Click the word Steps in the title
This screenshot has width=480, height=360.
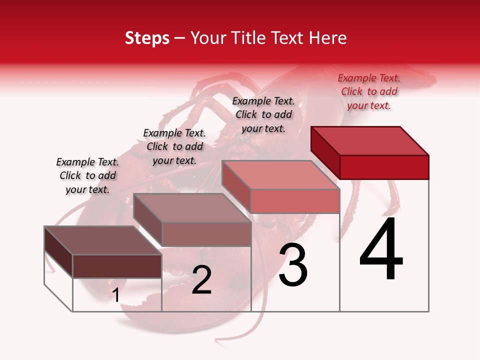[x=147, y=38]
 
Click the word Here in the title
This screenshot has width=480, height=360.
[x=328, y=38]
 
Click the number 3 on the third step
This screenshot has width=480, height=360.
[x=293, y=265]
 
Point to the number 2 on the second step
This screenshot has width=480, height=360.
[x=201, y=280]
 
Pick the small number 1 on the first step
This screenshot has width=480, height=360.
[x=116, y=295]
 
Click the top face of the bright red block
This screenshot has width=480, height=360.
[x=370, y=140]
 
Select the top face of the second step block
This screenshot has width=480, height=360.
[x=192, y=208]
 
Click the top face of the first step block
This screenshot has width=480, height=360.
[x=103, y=240]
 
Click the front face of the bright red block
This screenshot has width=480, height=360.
[x=384, y=167]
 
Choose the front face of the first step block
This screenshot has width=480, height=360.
[x=117, y=266]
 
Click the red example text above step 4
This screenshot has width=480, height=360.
[x=369, y=91]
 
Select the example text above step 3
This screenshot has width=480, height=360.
[x=263, y=114]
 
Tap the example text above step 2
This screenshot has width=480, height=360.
[x=174, y=146]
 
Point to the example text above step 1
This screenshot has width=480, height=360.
[x=87, y=175]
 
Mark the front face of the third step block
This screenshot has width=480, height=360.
[x=295, y=201]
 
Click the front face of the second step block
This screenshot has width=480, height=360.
[x=206, y=234]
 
